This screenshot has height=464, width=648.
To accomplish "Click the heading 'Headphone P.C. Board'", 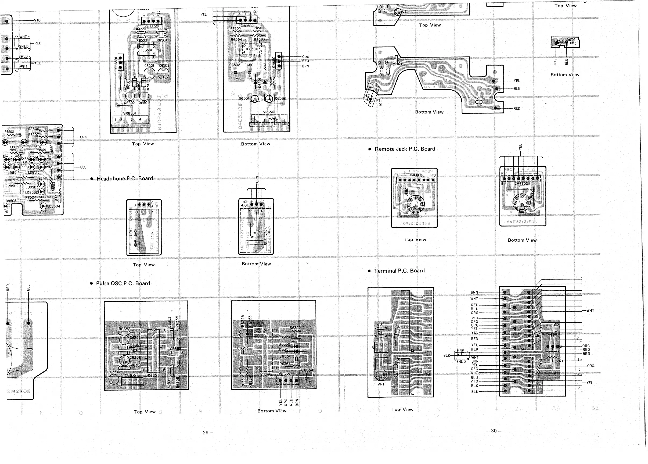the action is click(124, 179).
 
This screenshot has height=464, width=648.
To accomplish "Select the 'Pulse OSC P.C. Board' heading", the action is click(123, 283).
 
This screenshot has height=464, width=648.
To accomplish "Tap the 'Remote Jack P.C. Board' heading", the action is click(405, 149).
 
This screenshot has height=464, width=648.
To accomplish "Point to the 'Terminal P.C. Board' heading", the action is click(399, 270).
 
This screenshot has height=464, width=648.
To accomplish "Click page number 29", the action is click(206, 433).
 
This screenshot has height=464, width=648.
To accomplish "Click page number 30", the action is click(494, 431).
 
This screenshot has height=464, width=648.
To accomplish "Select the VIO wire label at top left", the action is click(37, 20).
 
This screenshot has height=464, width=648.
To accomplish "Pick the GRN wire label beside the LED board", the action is click(83, 137).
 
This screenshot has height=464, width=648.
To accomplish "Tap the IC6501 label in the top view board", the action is click(146, 50).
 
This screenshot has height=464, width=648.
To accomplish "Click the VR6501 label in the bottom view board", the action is click(269, 112).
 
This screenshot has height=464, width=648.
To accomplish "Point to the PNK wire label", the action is click(460, 350).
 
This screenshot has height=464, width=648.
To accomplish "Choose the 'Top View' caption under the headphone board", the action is click(143, 265).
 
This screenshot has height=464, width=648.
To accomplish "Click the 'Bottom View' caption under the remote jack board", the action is click(522, 240).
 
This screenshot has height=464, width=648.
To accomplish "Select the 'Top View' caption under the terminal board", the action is click(402, 409).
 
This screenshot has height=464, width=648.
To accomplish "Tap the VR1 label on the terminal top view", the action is click(381, 384).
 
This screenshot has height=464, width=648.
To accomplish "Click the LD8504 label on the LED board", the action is click(54, 206).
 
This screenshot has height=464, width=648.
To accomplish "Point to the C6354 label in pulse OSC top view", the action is click(113, 372).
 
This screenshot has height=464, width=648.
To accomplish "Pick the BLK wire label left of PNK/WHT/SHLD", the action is click(447, 355).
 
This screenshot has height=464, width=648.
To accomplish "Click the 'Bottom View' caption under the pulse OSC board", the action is click(272, 411).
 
